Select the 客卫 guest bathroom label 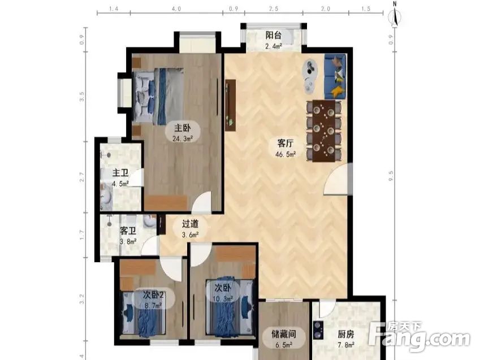coord(128,231)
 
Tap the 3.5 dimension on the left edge coord(83,97)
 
